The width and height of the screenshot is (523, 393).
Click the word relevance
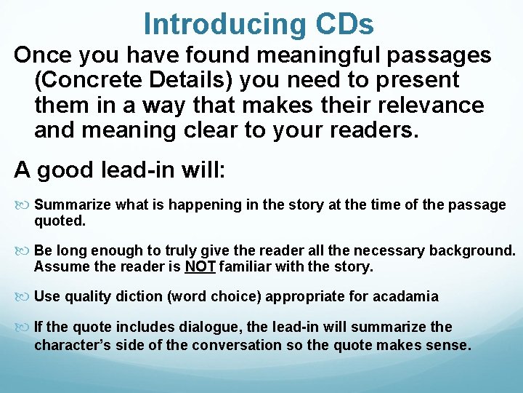(x=429, y=105)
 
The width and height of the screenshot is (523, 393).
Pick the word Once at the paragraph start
(x=41, y=55)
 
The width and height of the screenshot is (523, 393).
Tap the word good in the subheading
(x=62, y=170)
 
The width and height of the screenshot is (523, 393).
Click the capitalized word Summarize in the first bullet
(x=73, y=205)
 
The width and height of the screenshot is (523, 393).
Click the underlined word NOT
(x=200, y=266)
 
